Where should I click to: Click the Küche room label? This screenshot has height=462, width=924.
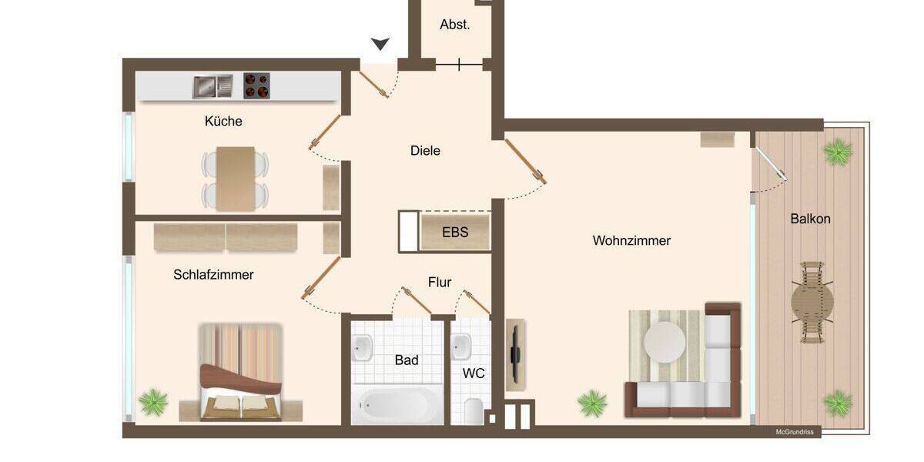[x=223, y=122]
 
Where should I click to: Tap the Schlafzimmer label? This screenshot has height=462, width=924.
[x=213, y=275]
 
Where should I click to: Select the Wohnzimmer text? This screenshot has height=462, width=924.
[x=631, y=241]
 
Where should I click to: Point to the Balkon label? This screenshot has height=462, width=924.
[x=810, y=219]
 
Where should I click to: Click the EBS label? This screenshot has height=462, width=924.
[x=454, y=231]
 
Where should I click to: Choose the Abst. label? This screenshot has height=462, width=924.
[x=454, y=25]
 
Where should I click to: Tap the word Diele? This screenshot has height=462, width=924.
[x=425, y=151]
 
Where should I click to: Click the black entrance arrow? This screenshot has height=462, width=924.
[x=380, y=44]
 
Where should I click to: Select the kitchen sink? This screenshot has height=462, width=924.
[x=213, y=86]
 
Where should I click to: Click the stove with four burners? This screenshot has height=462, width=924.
[x=257, y=86]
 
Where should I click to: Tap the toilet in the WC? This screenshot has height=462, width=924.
[x=473, y=410]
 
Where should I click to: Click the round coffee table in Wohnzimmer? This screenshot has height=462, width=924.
[x=664, y=340]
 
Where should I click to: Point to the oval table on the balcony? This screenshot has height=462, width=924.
[x=812, y=302]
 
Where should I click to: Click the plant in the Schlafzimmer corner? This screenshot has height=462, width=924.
[x=154, y=401]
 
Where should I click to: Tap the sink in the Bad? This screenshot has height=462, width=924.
[x=362, y=348]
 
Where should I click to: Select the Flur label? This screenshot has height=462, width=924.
[x=440, y=283]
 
